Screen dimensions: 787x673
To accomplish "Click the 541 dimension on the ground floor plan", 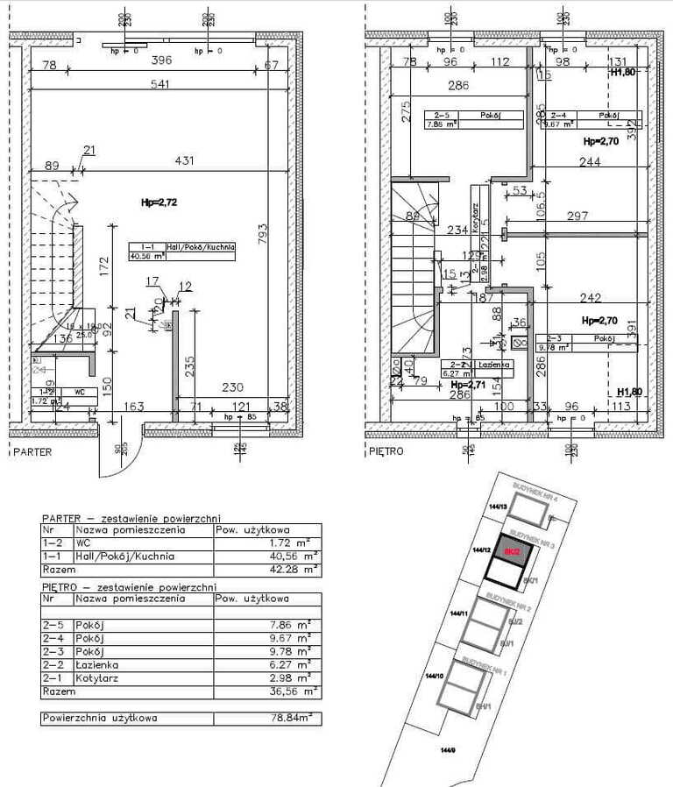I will pos(159,84).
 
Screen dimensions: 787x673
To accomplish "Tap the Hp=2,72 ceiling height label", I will pos(159,202).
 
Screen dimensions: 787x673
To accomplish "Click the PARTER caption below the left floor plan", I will pos(32,452).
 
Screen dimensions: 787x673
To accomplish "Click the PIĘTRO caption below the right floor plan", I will pos(386,452).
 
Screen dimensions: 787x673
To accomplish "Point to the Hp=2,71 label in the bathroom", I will pos(468,385).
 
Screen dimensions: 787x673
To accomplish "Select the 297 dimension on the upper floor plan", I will pos(578,216).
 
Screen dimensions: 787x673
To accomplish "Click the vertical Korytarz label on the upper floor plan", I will pos(473,215).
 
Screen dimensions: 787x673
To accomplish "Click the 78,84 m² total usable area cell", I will pos(290,718).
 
